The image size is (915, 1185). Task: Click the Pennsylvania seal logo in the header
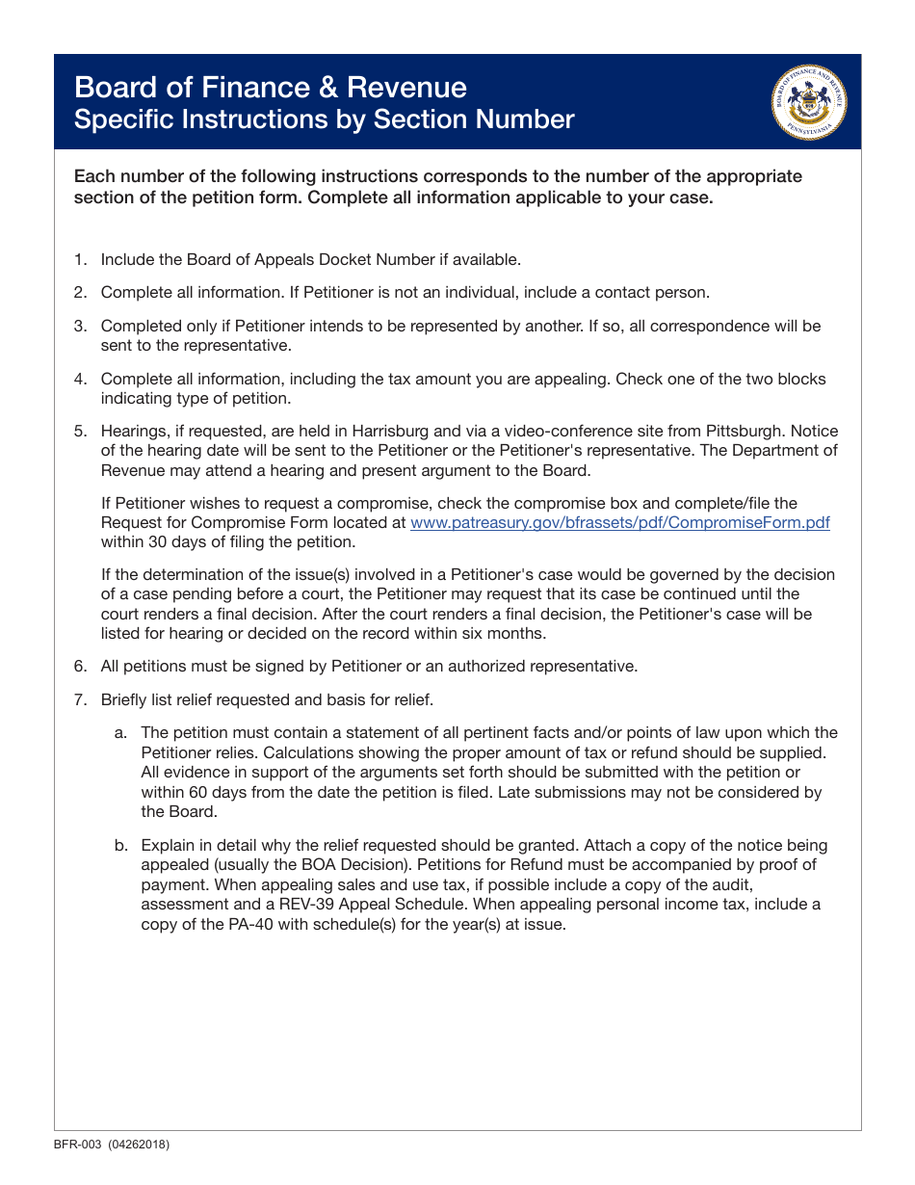[x=809, y=103]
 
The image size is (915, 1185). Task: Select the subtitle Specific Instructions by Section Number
[x=324, y=119]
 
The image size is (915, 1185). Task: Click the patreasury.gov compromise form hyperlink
[x=619, y=522]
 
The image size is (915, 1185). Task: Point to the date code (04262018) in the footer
[x=142, y=1145]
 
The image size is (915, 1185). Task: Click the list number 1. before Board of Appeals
[x=81, y=259]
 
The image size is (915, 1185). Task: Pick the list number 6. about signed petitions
[x=81, y=666]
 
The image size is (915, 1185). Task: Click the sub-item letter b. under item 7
[x=121, y=845]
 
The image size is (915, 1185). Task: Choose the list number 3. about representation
[x=81, y=327]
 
